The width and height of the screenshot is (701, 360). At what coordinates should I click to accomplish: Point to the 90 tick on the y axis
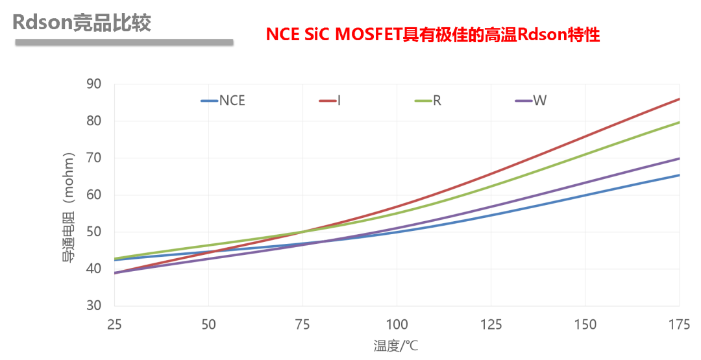[x=94, y=84]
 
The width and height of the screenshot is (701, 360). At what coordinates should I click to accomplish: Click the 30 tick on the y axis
[x=94, y=306]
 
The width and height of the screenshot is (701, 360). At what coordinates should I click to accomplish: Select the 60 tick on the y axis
[x=94, y=195]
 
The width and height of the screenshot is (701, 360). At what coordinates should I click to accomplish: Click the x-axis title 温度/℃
[x=397, y=346]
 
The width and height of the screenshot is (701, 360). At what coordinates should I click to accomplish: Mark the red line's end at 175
[x=679, y=99]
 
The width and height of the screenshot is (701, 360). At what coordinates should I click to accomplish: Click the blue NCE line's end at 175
[x=679, y=175]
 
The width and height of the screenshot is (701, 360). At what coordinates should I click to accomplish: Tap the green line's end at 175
[x=679, y=122]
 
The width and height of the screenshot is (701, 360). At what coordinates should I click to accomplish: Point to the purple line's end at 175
[x=679, y=158]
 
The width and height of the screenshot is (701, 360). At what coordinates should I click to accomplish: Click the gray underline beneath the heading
[x=123, y=42]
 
